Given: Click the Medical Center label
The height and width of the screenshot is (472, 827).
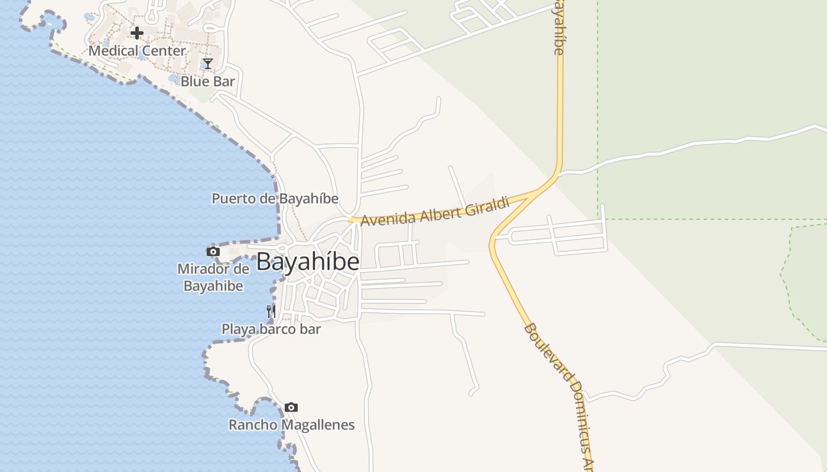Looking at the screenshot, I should (x=137, y=51).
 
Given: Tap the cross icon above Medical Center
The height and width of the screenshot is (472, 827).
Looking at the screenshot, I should (x=137, y=33).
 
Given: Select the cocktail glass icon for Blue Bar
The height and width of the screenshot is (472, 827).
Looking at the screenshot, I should (x=207, y=64).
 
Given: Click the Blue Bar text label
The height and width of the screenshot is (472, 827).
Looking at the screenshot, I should (x=207, y=81).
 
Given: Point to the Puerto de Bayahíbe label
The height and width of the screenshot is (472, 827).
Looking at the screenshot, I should (x=275, y=199).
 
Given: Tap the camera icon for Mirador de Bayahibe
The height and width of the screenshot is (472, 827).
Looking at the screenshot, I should (x=213, y=252).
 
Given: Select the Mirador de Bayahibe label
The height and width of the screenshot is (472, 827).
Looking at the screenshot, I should (x=213, y=278).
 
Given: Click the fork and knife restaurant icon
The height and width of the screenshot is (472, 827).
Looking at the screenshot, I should (x=271, y=312).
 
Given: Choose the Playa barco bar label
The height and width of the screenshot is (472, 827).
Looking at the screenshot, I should (x=271, y=329).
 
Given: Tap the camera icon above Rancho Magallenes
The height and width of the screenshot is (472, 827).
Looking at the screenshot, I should (x=291, y=408).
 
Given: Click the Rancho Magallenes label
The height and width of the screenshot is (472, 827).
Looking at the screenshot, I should (x=291, y=425).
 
